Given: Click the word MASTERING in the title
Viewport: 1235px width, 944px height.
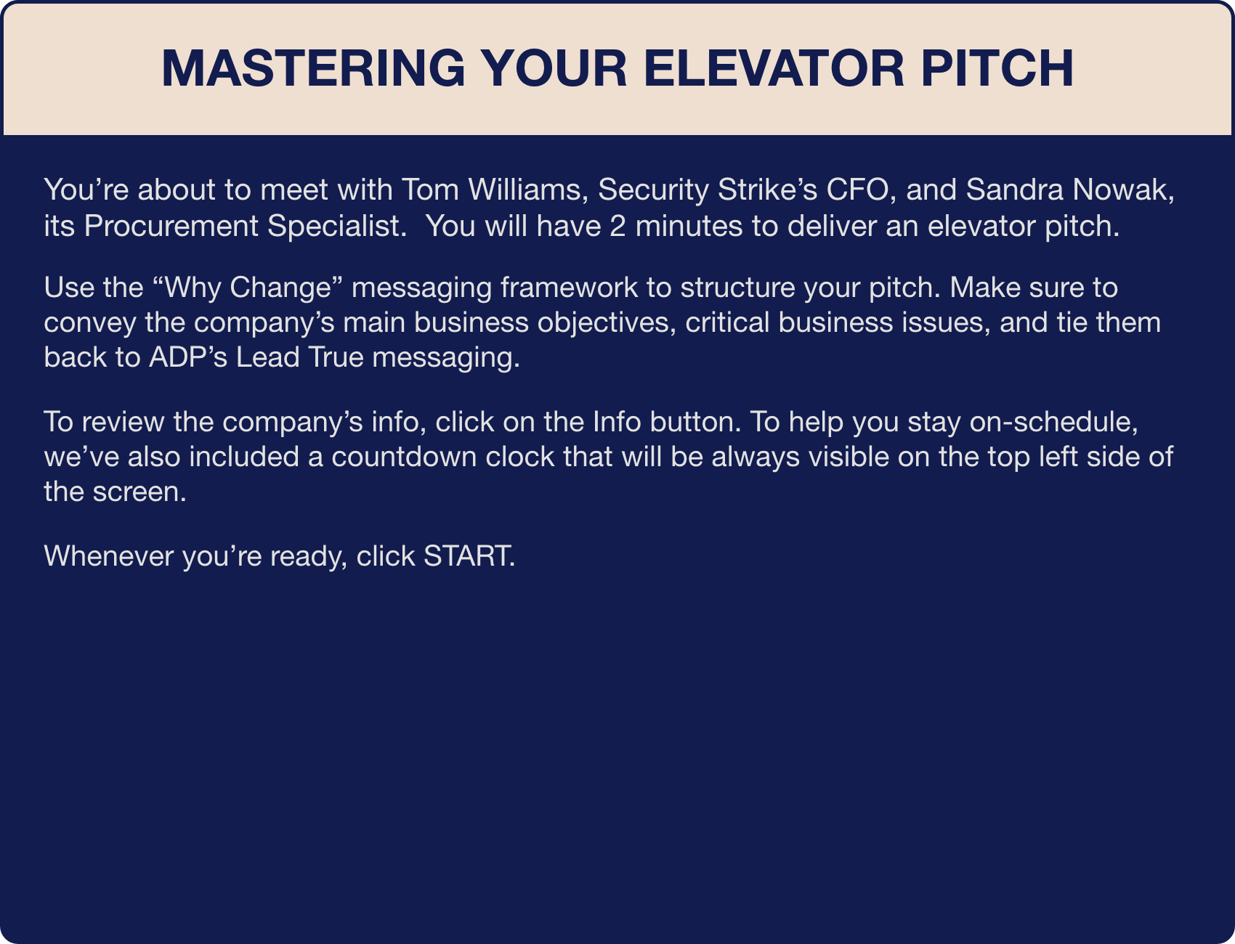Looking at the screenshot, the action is point(313,68).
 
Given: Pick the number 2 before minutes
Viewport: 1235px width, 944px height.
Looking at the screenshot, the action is point(617,226).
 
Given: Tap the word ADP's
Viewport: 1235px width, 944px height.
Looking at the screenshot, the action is point(188,357).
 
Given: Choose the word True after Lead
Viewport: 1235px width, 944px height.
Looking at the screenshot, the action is point(333,357).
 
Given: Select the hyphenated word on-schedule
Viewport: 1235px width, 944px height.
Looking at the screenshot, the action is point(1053,421).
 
